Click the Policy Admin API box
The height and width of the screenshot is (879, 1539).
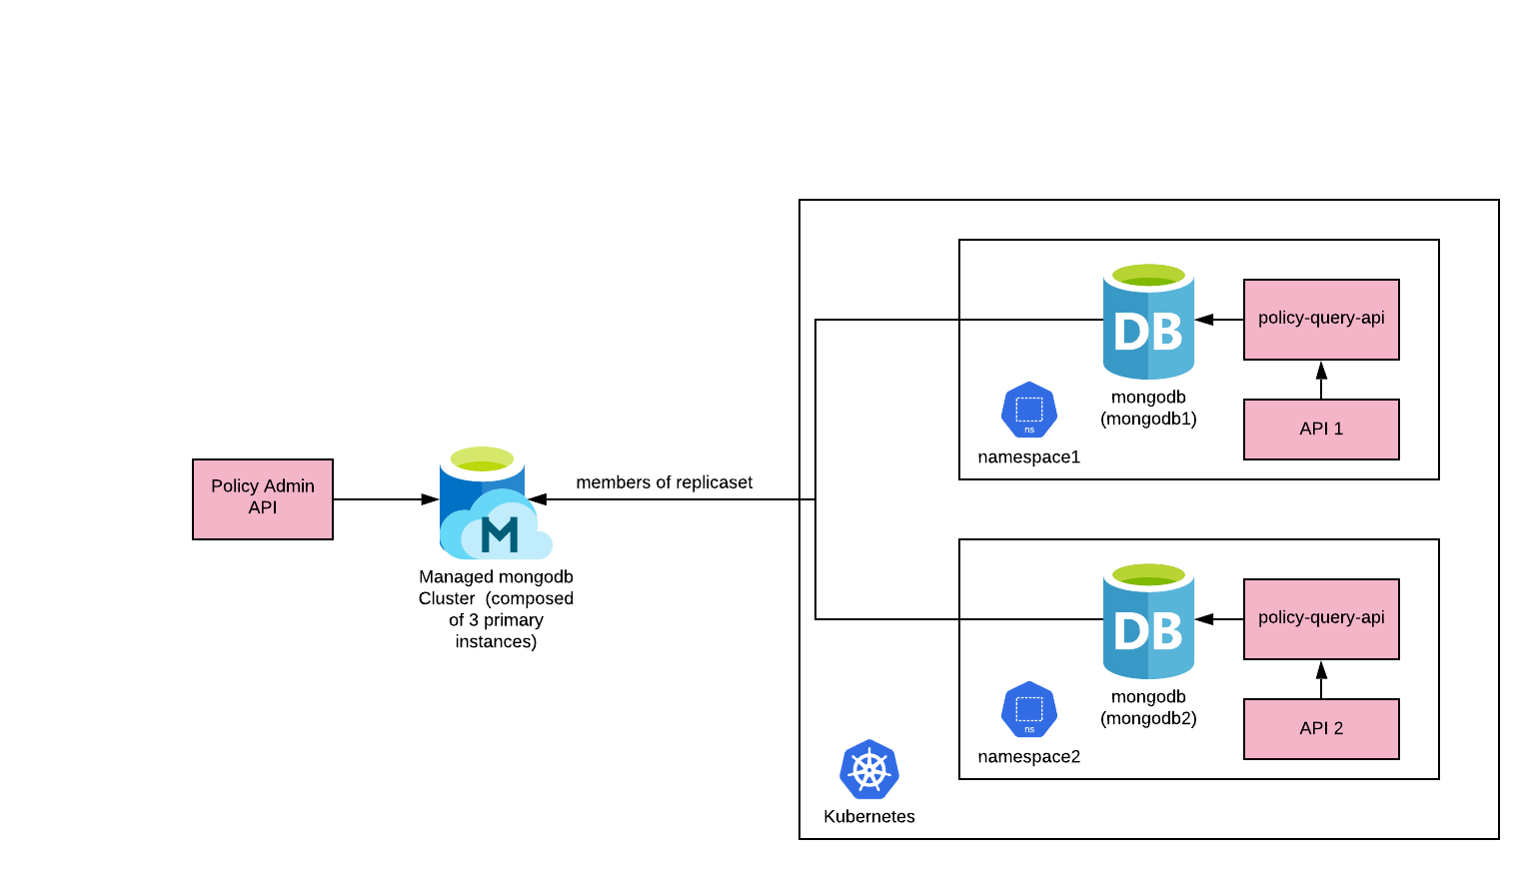click(x=263, y=498)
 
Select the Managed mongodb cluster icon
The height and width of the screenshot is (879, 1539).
click(x=494, y=504)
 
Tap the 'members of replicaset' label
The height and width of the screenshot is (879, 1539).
click(x=664, y=482)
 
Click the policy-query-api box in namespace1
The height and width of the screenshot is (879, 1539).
click(x=1321, y=319)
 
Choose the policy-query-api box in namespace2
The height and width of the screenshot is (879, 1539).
click(x=1321, y=618)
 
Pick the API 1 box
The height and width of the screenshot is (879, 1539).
click(x=1321, y=429)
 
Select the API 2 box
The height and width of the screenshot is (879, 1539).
click(x=1321, y=728)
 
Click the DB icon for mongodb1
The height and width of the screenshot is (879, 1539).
click(x=1148, y=322)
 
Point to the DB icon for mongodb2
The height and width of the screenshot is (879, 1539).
click(x=1148, y=621)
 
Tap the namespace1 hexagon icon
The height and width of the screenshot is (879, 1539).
click(x=1029, y=410)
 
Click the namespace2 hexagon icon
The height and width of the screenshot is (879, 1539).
click(x=1029, y=709)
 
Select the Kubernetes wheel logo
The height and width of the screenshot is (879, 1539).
click(x=869, y=769)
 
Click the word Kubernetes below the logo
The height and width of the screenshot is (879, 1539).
click(x=869, y=816)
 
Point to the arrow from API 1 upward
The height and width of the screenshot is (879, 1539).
click(x=1321, y=380)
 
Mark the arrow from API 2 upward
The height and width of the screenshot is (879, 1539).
click(x=1321, y=679)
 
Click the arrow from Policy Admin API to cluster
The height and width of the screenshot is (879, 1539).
click(x=386, y=499)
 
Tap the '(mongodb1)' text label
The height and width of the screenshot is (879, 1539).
click(x=1148, y=419)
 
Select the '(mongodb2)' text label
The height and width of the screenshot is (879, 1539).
click(x=1148, y=718)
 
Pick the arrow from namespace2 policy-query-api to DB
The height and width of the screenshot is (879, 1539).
click(x=1219, y=619)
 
